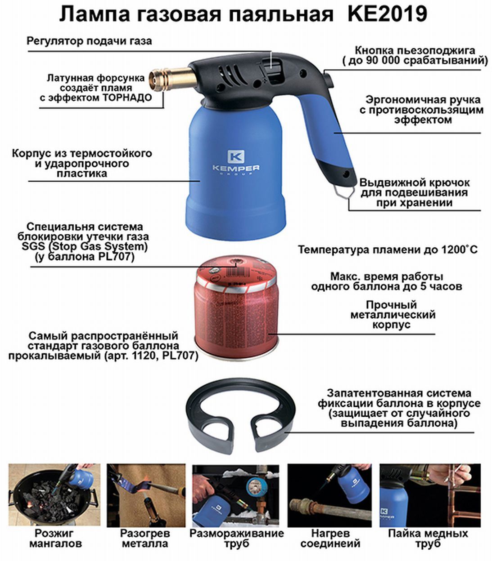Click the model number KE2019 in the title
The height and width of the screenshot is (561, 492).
point(388,14)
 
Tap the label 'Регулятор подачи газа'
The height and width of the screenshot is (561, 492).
point(89,41)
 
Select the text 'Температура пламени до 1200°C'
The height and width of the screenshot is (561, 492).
point(388,249)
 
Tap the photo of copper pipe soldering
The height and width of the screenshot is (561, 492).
point(430,495)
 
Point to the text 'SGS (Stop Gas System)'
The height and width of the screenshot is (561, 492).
point(85,246)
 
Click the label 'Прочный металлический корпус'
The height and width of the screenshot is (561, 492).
point(393,315)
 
